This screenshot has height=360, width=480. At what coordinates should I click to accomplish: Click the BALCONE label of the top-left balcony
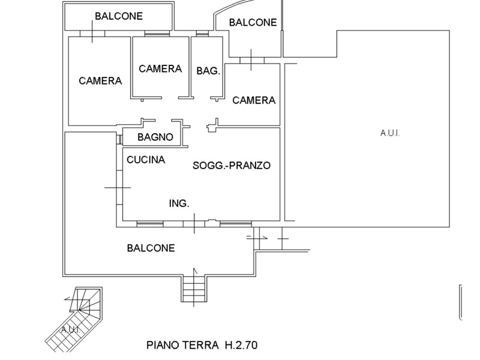(119, 16)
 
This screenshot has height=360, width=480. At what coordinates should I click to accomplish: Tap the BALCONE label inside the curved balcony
(253, 22)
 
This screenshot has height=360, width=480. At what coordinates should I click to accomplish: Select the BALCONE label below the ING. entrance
(151, 248)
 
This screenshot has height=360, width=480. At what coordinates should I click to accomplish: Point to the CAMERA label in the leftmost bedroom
(100, 80)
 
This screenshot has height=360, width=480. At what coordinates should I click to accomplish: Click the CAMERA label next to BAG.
(160, 68)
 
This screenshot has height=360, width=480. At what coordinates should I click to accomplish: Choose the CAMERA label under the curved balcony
(254, 100)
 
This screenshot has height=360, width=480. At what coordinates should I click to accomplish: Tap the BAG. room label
(208, 70)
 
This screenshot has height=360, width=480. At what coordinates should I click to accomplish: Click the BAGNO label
(155, 137)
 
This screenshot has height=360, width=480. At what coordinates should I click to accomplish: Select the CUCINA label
(146, 160)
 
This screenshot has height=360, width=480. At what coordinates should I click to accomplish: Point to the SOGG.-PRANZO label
(232, 165)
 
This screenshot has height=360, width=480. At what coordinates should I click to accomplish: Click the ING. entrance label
(179, 204)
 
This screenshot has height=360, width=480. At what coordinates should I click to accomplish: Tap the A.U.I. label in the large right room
(389, 133)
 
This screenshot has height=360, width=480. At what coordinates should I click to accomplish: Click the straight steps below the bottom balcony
(195, 286)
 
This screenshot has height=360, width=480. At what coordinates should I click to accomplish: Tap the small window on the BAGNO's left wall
(120, 139)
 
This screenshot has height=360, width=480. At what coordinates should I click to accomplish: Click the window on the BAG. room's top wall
(203, 34)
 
